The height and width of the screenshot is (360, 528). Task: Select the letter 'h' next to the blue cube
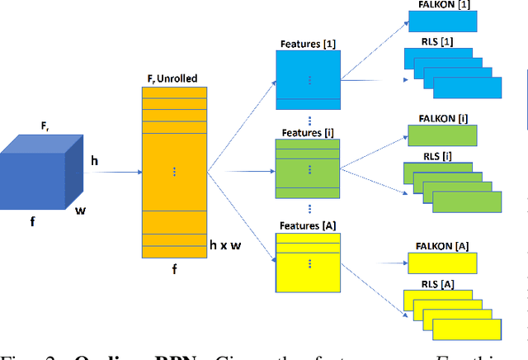pos(94,161)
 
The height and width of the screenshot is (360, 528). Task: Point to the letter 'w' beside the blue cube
pos(80,210)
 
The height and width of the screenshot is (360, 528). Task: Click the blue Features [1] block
pos(307,78)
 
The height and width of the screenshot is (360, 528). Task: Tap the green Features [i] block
pos(307,168)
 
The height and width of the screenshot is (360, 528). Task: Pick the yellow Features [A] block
pos(307,263)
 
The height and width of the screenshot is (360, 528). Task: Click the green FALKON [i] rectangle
pos(441,135)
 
